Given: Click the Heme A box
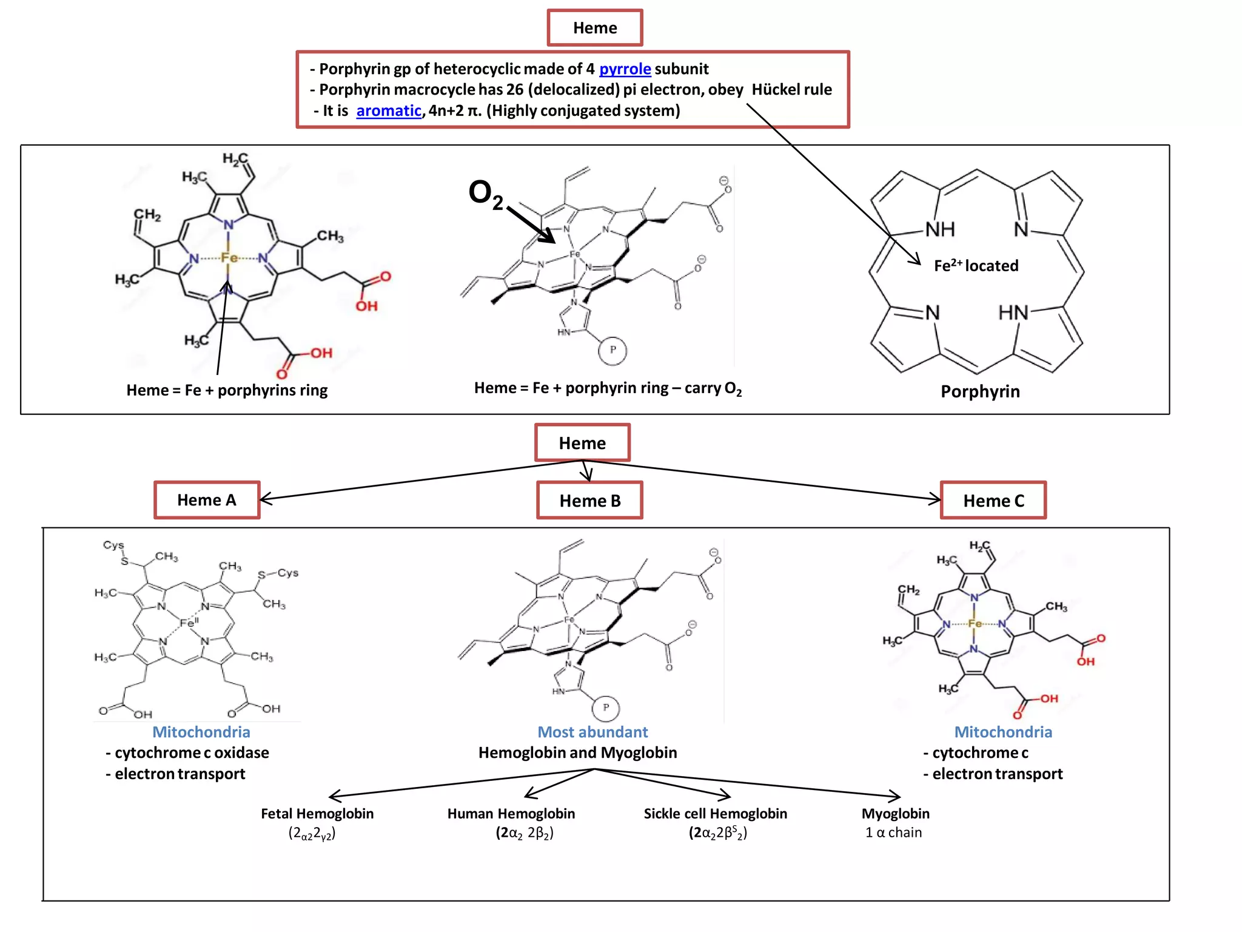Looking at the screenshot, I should (207, 500).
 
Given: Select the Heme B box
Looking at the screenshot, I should (589, 501).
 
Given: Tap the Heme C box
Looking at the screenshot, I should (993, 501).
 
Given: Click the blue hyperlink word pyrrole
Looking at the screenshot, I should (625, 69).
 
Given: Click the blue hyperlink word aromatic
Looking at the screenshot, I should (388, 110).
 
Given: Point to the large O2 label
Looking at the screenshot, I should (486, 194).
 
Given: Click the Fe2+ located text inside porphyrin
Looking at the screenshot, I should (976, 266).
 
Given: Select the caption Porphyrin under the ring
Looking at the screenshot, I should (980, 391).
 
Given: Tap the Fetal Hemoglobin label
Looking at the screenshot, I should (317, 814).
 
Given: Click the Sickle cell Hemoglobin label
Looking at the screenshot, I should (715, 814).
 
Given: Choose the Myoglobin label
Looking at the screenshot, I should (895, 814).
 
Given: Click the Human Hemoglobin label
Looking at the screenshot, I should (511, 814).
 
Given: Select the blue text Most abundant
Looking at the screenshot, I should (592, 732).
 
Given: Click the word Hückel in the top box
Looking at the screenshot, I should (774, 90).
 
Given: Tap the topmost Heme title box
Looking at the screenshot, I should (595, 28).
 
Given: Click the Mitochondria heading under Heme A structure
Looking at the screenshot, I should (201, 732).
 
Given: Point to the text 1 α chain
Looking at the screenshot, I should (893, 832).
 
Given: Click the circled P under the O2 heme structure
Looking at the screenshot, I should (613, 350).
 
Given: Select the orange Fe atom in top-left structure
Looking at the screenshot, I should (229, 258).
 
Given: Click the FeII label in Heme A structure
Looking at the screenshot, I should (189, 623).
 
